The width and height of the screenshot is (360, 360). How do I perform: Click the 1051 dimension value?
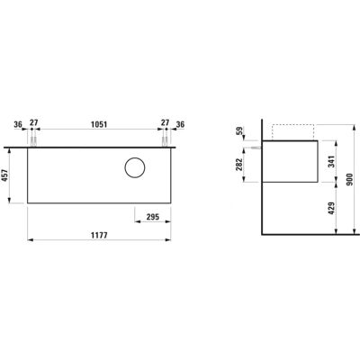(99, 124)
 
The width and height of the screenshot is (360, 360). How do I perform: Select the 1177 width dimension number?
(99, 235)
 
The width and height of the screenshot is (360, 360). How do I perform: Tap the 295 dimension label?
(153, 217)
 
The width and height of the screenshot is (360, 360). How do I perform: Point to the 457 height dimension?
(5, 175)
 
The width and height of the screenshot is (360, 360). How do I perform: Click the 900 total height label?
(349, 179)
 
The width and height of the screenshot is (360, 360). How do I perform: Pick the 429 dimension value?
(331, 208)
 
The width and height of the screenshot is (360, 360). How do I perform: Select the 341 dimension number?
(331, 161)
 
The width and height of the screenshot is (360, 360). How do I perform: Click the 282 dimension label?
(239, 165)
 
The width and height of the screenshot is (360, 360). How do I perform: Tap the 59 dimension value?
(239, 131)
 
